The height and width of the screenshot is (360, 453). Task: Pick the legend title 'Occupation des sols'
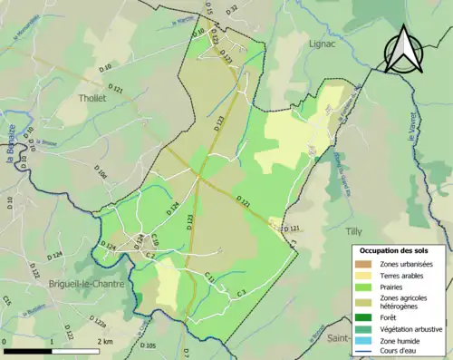(x=394, y=250)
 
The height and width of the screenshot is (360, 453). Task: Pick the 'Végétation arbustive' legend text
(x=412, y=327)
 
